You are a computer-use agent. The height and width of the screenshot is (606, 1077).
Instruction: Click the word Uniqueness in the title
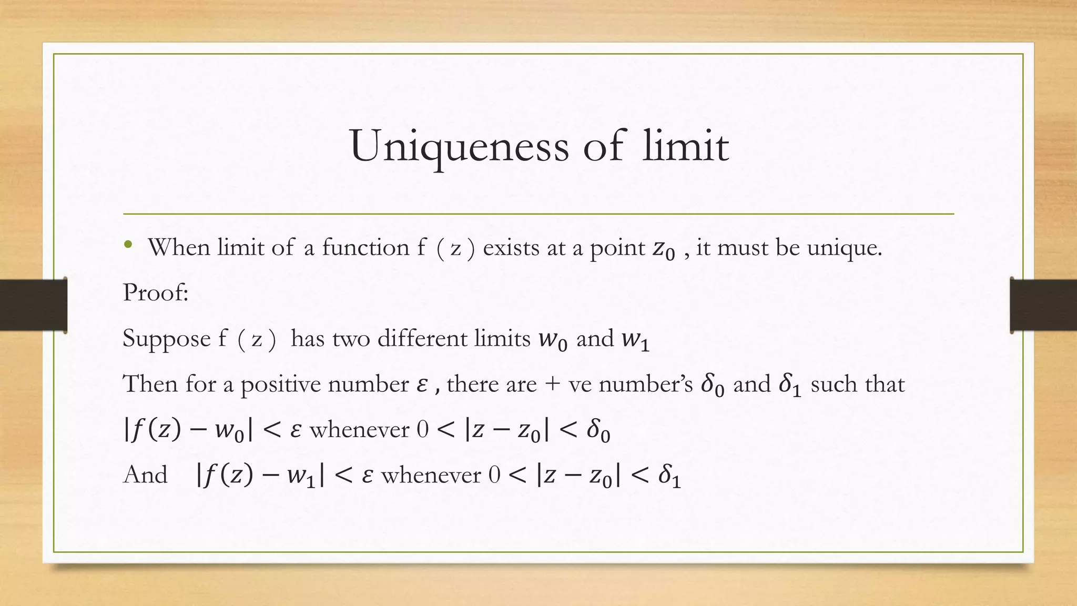pyautogui.click(x=459, y=146)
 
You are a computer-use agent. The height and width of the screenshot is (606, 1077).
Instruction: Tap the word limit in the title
pyautogui.click(x=685, y=145)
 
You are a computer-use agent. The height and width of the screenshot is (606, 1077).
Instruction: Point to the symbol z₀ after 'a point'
pyautogui.click(x=664, y=249)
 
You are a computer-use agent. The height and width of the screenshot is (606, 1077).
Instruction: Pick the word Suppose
pyautogui.click(x=166, y=339)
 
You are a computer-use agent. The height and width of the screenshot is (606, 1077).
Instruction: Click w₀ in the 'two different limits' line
pyautogui.click(x=553, y=340)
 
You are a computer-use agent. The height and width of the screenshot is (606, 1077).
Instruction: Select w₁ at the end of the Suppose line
pyautogui.click(x=635, y=340)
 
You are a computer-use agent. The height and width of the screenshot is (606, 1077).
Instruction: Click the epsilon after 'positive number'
pyautogui.click(x=422, y=385)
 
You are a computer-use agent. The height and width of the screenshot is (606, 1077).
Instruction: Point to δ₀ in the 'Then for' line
pyautogui.click(x=713, y=385)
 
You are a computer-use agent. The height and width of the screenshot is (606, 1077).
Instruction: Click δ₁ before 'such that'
pyautogui.click(x=790, y=385)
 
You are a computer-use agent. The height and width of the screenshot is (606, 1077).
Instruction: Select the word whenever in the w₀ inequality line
pyautogui.click(x=359, y=430)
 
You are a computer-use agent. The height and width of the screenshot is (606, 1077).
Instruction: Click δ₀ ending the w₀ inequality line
pyautogui.click(x=598, y=431)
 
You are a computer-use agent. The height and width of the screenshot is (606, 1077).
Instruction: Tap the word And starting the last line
pyautogui.click(x=145, y=475)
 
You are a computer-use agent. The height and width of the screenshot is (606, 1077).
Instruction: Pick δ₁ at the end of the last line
pyautogui.click(x=669, y=477)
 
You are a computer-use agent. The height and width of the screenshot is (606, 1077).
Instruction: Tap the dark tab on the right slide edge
pyautogui.click(x=1043, y=305)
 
